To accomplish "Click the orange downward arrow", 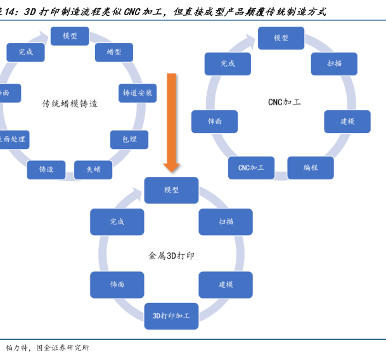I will pos(172,120).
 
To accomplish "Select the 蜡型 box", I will pos(113,52).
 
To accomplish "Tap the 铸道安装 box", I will pos(138,93).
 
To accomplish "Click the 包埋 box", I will pos(129,139).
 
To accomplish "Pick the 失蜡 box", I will pos(93,169).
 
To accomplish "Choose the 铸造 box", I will pos(46,169).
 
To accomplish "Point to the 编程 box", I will pos(310,167).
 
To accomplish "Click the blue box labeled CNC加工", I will pos(251,167).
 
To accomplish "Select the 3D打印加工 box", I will pos(171,316).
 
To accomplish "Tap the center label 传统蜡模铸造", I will pos(70,103).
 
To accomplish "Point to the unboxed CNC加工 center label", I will pos(284,101).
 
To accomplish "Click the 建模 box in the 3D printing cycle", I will pos(226,285).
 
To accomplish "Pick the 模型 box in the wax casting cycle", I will pos(70,36).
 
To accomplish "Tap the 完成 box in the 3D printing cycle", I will pos(117,221).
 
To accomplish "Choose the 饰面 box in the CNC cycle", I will pos(214,121).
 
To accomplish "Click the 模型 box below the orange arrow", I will pos(171,190).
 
